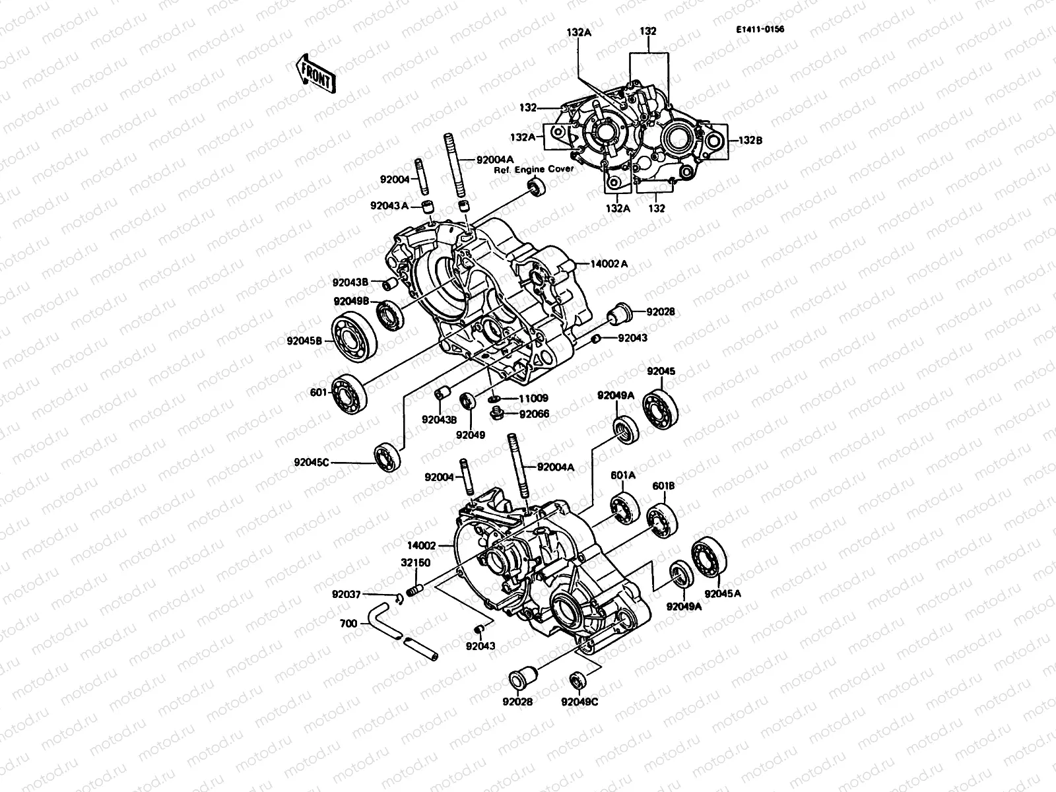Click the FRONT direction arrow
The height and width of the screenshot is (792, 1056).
point(315,73)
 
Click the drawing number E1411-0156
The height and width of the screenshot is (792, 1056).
point(766,29)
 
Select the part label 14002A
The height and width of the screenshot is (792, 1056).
point(609,264)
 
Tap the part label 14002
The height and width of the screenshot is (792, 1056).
point(422,546)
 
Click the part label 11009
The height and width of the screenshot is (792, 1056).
point(533,399)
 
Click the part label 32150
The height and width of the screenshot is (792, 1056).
point(416,562)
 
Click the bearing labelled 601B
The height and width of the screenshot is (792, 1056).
point(659,521)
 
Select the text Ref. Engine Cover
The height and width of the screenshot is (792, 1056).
point(535,169)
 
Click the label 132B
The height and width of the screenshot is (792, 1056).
point(750,140)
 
